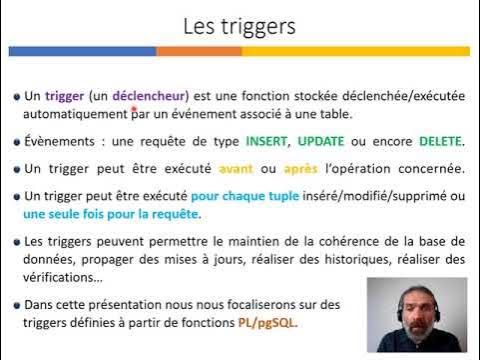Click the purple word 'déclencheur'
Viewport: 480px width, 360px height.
[148, 96]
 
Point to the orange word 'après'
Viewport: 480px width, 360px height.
[274, 168]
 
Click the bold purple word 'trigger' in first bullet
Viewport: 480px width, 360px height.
[63, 96]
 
